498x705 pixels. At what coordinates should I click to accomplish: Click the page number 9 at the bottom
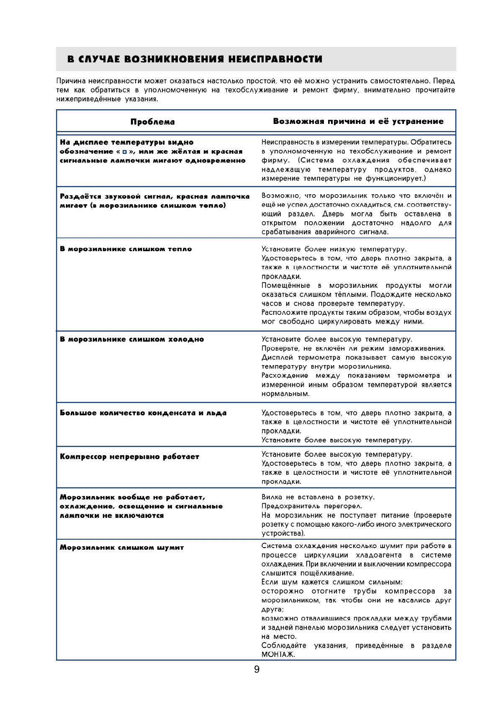[x=257, y=669]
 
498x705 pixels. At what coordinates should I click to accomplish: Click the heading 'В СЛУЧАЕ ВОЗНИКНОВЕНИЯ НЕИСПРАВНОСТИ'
[x=195, y=59]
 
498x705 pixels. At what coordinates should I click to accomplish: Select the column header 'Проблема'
[x=152, y=122]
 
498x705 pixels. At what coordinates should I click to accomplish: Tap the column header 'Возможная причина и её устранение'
[x=358, y=121]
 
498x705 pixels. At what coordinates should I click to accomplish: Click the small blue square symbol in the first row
[x=124, y=152]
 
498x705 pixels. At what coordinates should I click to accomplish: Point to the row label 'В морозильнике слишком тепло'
[x=126, y=249]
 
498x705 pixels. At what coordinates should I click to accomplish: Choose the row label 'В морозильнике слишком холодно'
[x=132, y=339]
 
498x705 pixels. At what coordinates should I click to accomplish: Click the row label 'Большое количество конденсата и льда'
[x=143, y=413]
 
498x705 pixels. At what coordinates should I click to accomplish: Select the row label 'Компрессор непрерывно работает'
[x=129, y=456]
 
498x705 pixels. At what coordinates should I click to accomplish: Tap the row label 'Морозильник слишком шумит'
[x=122, y=547]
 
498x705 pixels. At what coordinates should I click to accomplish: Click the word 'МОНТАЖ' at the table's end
[x=278, y=655]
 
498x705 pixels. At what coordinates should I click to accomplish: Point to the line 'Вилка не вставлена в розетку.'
[x=318, y=497]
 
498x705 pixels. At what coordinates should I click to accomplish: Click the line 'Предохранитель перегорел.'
[x=312, y=506]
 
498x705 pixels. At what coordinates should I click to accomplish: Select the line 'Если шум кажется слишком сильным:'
[x=332, y=582]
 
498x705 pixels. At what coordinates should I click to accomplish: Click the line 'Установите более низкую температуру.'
[x=334, y=249]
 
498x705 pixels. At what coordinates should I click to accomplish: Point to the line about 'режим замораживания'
[x=353, y=348]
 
